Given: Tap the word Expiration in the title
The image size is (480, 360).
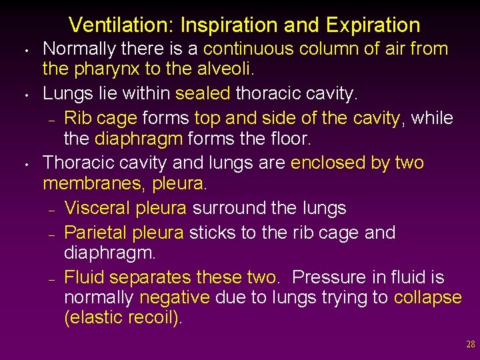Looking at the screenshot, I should pyautogui.click(x=373, y=25).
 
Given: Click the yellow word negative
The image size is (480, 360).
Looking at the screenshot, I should pyautogui.click(x=175, y=297).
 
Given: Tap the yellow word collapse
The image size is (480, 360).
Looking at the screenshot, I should pyautogui.click(x=428, y=297).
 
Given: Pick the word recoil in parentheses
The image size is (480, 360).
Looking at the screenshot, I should pyautogui.click(x=151, y=317).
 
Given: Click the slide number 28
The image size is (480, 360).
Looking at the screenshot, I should pyautogui.click(x=470, y=345).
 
